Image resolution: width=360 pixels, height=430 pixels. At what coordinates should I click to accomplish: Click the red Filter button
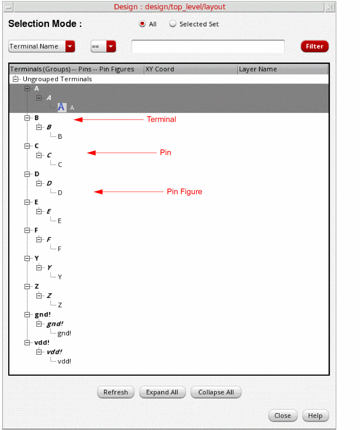[x=314, y=46]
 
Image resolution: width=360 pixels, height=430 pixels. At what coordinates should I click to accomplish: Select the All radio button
[x=142, y=24]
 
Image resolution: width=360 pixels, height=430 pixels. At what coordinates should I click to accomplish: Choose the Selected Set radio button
[x=173, y=24]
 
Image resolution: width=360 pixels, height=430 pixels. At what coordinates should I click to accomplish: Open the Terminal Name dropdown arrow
[x=70, y=46]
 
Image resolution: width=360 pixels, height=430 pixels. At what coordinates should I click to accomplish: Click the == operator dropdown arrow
[x=111, y=46]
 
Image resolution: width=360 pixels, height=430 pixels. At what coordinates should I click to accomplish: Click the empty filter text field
[x=208, y=46]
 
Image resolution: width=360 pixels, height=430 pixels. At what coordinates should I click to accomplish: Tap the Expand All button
[x=162, y=392]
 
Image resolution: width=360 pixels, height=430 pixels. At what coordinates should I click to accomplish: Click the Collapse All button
[x=216, y=392]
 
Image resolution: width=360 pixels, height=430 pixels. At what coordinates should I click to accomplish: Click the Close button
[x=283, y=415]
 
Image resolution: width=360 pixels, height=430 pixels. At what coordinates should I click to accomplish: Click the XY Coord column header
[x=160, y=69]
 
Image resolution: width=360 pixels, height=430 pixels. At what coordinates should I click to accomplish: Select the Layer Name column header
[x=258, y=69]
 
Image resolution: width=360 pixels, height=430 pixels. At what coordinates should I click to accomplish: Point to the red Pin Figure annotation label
[x=184, y=192]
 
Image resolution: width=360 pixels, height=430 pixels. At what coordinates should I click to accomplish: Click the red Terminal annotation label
[x=161, y=119]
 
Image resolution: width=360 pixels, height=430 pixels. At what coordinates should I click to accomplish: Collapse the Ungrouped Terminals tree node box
[x=15, y=79]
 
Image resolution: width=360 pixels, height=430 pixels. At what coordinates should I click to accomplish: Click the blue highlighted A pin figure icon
[x=62, y=107]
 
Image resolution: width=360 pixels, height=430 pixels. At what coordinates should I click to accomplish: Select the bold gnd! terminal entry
[x=43, y=314]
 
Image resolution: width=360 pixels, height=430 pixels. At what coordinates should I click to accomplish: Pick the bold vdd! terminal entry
[x=42, y=342]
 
